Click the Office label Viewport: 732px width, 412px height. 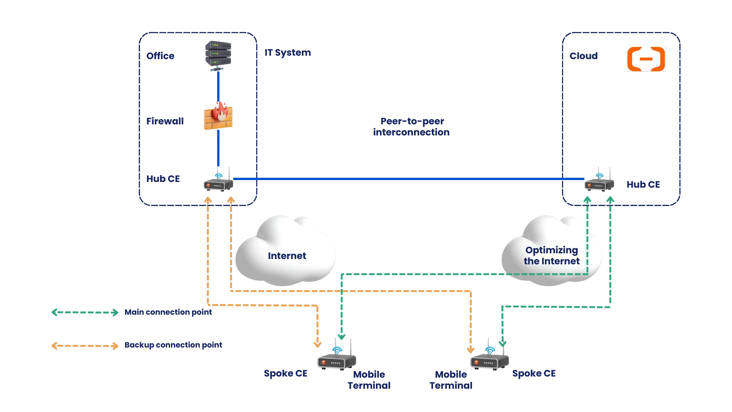pos(160,56)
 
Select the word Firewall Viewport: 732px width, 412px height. pos(165,121)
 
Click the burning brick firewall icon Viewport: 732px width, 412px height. pos(218,116)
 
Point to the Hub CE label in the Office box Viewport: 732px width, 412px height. pos(163,179)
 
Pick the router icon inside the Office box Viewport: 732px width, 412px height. pos(218,183)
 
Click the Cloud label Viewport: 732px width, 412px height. pos(583,56)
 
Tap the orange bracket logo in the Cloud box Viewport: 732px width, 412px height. pos(646,59)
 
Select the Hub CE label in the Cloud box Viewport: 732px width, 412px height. pos(643,184)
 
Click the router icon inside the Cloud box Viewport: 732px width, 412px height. pos(599,183)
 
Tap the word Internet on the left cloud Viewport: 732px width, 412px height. pos(287,256)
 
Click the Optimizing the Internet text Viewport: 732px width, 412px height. pos(551,256)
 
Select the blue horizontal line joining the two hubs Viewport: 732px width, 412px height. pos(408,179)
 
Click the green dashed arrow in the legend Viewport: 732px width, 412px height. pos(84,313)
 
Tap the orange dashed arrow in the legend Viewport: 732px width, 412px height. pos(84,346)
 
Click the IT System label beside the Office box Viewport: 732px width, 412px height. pos(287,53)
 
